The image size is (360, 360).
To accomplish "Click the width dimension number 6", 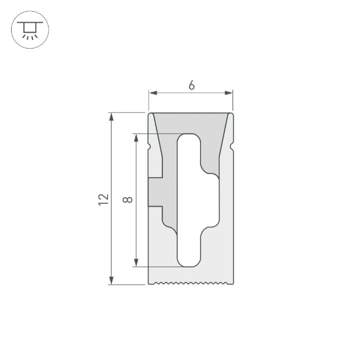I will tap(191, 85).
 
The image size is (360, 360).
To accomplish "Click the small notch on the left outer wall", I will tap(150, 146).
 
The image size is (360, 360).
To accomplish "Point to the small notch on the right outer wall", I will tap(232, 146).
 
